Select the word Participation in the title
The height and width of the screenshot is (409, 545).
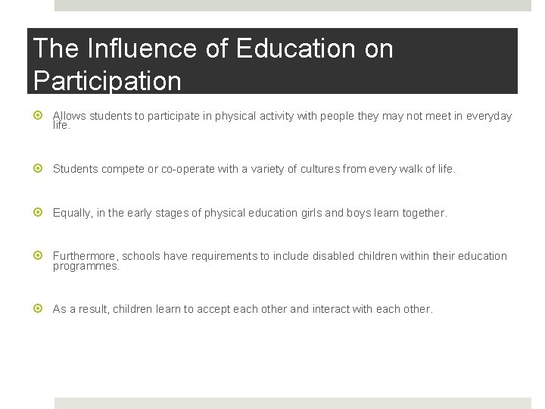click(107, 80)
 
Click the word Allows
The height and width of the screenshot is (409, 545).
click(69, 116)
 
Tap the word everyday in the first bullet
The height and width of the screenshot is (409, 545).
click(488, 116)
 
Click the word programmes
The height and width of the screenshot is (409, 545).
click(86, 267)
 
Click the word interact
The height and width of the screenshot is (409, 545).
click(331, 309)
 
